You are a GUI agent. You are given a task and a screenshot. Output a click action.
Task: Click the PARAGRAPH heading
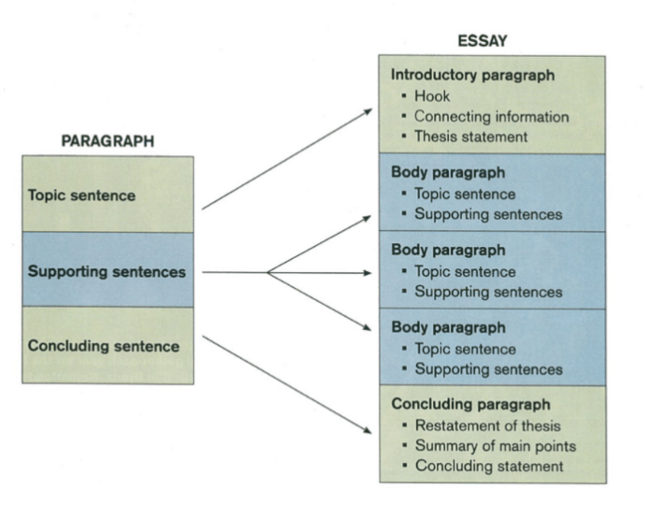click(x=108, y=141)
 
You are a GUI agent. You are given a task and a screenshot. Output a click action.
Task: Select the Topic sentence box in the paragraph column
click(x=108, y=196)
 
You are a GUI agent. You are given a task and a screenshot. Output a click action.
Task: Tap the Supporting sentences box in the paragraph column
click(x=108, y=272)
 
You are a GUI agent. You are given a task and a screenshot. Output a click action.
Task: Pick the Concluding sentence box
click(x=108, y=347)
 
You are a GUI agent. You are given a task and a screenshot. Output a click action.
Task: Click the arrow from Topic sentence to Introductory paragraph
click(x=286, y=159)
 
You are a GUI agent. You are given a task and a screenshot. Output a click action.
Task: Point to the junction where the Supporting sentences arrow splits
click(x=268, y=272)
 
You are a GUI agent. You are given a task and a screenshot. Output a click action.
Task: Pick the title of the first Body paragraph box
click(x=435, y=173)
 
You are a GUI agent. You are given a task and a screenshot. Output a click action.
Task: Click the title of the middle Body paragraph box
click(x=435, y=251)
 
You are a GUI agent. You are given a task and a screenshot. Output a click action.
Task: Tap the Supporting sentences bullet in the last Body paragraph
click(x=487, y=369)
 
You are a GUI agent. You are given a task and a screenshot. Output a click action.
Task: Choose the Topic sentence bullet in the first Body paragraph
click(x=464, y=194)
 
